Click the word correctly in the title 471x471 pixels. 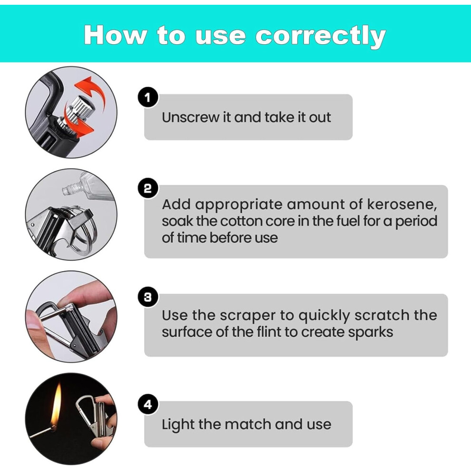tap(321, 36)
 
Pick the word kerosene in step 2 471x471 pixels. tap(402, 205)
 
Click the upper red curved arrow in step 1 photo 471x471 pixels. tap(92, 90)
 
